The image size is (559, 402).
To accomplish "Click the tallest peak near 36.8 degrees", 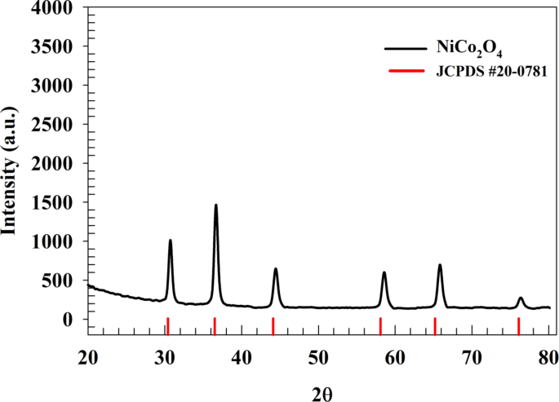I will point(216,205).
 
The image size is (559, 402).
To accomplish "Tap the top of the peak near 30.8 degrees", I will point(171,241).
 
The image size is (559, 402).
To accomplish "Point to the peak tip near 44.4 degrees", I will point(276,269).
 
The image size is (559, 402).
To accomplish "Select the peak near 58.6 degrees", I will point(384,273).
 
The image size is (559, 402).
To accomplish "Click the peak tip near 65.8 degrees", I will point(440,265).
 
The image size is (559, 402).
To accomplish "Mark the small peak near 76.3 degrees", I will point(521,298).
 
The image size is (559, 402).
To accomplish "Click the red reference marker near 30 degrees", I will point(167,325).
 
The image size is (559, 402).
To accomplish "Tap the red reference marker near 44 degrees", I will point(273,325).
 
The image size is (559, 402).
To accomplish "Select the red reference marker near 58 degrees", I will point(381,325).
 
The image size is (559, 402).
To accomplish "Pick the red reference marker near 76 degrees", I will point(519,325).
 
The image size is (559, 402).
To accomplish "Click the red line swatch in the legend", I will point(408,71).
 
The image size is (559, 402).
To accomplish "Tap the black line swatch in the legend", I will point(408,49).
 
